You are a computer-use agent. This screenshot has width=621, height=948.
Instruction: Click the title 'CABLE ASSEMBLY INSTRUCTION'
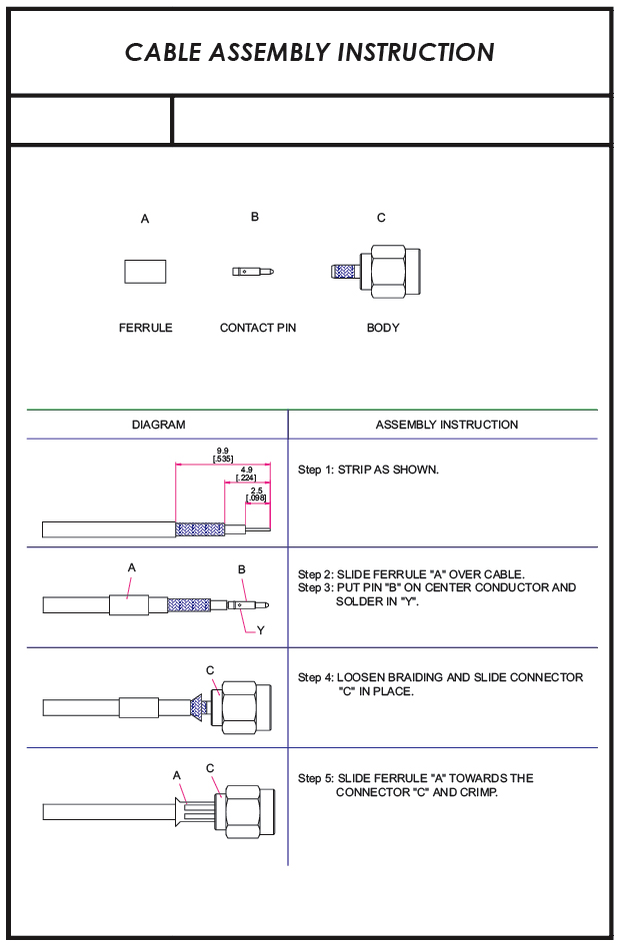point(310,53)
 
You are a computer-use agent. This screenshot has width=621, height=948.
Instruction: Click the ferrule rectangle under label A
point(145,271)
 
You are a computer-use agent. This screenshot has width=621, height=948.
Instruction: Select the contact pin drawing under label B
point(253,271)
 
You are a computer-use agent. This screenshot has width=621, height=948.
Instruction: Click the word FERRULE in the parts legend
point(145,328)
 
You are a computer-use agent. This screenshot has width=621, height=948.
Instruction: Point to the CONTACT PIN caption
point(258,328)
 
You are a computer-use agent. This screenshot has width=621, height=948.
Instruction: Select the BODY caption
point(383,328)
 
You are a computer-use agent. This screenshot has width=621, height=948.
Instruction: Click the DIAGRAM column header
point(158,425)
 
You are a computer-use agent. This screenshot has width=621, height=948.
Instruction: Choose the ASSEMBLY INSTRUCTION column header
point(447,425)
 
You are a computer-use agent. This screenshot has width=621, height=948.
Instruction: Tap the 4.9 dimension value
point(246,470)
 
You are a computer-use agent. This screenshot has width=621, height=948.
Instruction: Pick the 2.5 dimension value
point(256,489)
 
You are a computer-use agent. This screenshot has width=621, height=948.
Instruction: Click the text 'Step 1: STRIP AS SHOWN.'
point(368,470)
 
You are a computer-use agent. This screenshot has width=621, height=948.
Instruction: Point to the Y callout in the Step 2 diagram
point(261,630)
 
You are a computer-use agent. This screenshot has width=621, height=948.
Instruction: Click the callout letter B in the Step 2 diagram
point(242,569)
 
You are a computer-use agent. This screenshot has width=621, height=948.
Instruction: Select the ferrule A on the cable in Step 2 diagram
point(128,604)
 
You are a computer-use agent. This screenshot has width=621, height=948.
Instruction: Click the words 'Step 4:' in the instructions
point(315,677)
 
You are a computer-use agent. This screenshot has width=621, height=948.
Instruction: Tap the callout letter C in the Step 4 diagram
point(210,670)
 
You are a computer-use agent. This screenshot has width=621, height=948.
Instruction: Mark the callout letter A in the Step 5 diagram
point(177,774)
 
